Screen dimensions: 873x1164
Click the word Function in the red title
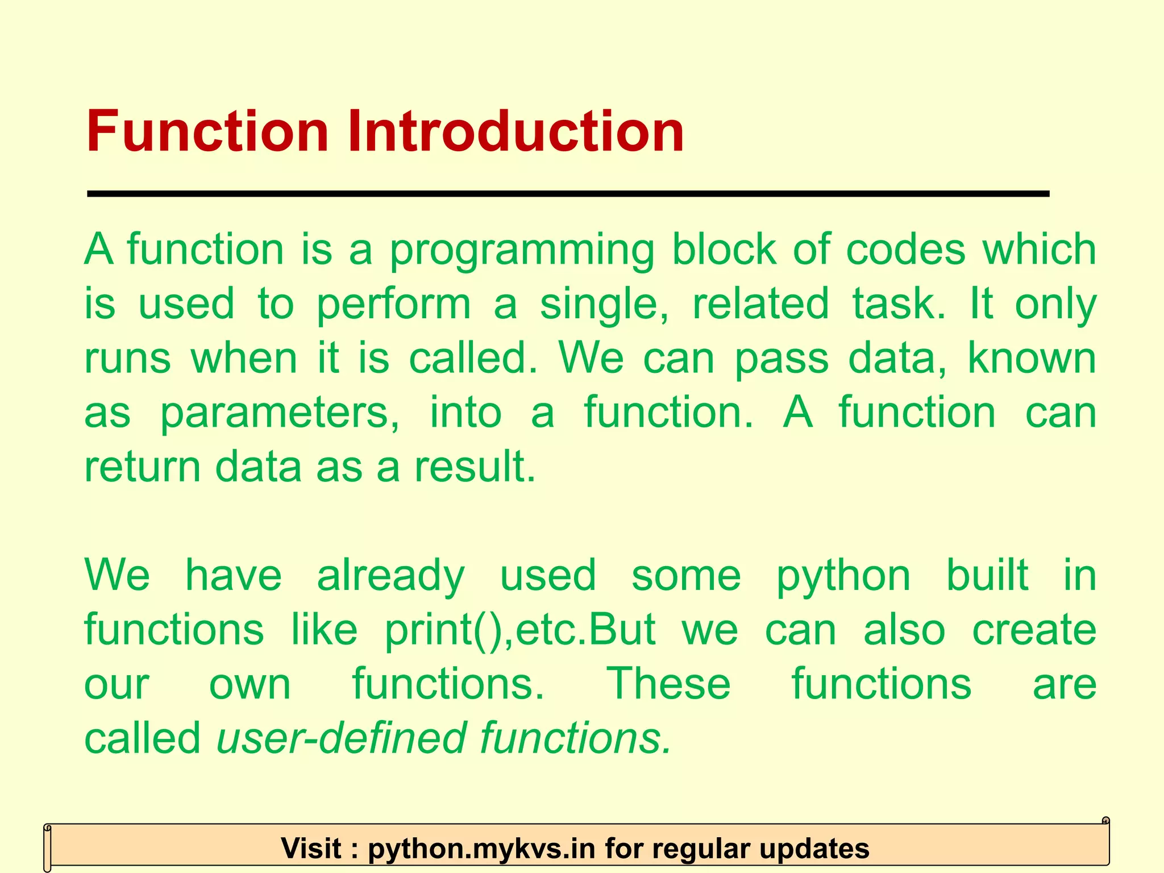[x=207, y=132]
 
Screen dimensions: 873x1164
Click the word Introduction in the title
[x=515, y=132]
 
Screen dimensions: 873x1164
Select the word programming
[x=521, y=250]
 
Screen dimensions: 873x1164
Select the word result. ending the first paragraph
[x=475, y=467]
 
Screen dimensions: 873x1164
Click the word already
[x=390, y=576]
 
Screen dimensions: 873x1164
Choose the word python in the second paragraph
[x=843, y=576]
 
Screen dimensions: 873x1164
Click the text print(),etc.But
[x=520, y=630]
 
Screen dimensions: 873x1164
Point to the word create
[x=1034, y=630]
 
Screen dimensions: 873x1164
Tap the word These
[x=668, y=684]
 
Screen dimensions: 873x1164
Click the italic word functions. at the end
[x=576, y=738]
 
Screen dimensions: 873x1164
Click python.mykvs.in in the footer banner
[x=481, y=849]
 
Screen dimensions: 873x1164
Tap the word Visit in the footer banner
[x=311, y=849]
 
